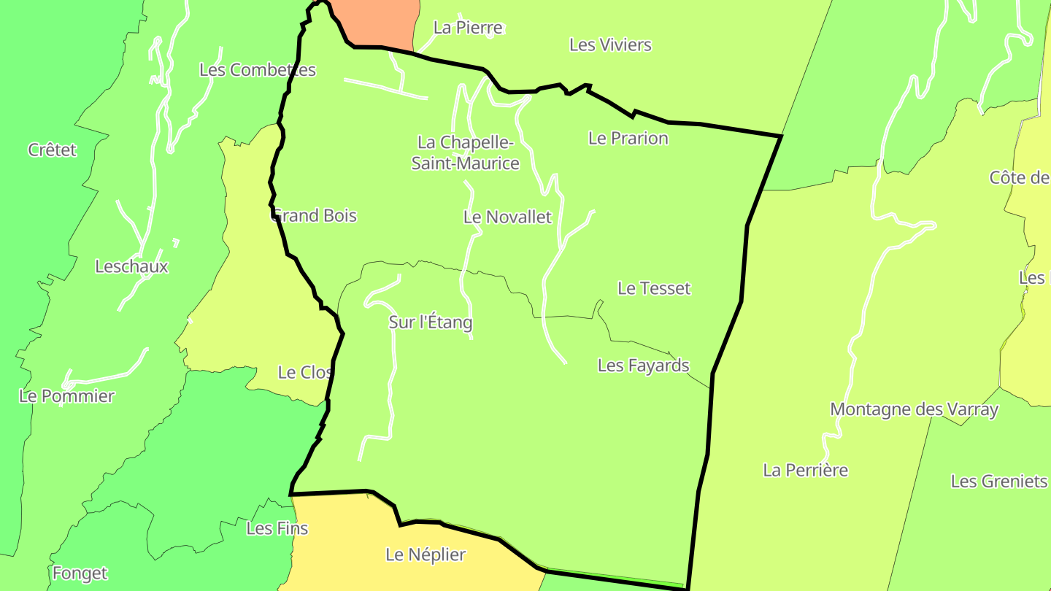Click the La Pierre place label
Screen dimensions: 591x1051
point(468,28)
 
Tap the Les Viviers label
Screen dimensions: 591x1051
point(610,45)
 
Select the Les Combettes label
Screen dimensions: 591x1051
point(257,70)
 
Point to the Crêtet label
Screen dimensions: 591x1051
point(53,150)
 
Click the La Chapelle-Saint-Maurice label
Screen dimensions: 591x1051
point(466,152)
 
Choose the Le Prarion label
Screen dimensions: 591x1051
point(628,139)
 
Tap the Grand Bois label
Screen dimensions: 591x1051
point(315,216)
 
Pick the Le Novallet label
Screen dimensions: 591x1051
point(507,217)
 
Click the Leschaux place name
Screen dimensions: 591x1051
point(131,267)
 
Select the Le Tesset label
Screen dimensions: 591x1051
point(653,289)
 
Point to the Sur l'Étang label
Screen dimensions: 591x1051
point(430,322)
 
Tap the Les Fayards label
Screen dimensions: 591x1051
point(643,366)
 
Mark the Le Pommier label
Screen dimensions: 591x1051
point(67,397)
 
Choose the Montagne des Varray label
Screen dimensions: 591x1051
point(914,410)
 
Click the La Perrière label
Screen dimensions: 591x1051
point(805,471)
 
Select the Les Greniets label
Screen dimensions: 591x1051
point(998,482)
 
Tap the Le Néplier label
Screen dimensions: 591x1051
point(426,555)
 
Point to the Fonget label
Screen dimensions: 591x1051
point(80,574)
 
